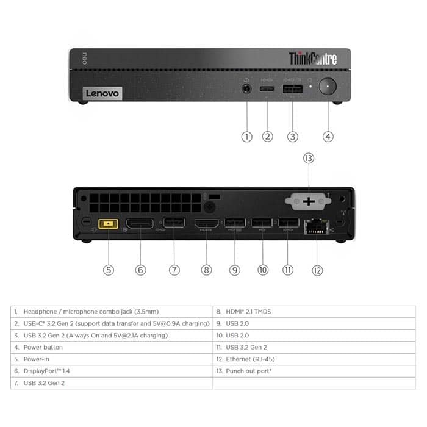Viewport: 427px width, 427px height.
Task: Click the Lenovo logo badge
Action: coord(102,93)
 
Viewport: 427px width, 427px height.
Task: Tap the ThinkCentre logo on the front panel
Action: coord(313,59)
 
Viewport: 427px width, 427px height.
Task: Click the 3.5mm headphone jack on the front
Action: coord(246,88)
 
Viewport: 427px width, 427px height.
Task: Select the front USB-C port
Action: coord(267,89)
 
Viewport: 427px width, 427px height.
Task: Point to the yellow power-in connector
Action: coord(109,224)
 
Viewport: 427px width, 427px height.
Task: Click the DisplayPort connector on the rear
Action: coord(140,224)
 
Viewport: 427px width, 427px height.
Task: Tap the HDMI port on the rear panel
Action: coord(206,224)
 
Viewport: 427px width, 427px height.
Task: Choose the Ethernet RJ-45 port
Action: coord(317,226)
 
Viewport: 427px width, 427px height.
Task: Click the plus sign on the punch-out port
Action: coord(309,201)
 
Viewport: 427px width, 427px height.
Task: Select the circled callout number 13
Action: coord(309,158)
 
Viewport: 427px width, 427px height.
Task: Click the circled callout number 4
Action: coord(328,137)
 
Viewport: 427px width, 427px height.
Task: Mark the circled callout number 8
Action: coord(206,270)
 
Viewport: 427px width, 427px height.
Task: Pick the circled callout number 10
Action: coord(263,270)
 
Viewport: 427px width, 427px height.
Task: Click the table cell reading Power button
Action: coord(43,347)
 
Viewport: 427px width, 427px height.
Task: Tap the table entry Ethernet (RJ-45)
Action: coord(250,359)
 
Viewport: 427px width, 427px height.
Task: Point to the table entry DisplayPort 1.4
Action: coord(46,371)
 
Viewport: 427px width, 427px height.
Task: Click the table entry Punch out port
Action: coord(249,371)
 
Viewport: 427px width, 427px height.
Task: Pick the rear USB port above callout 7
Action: coord(174,223)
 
